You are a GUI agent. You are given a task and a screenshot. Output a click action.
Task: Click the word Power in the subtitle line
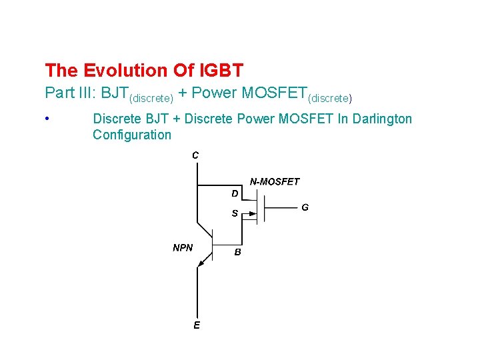tap(215, 93)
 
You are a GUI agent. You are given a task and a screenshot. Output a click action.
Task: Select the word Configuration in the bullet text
tap(132, 135)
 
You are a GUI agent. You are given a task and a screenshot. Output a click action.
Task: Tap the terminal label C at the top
tap(195, 155)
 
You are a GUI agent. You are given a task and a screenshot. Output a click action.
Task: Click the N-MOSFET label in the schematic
tap(275, 181)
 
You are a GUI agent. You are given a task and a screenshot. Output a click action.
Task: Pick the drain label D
tap(235, 193)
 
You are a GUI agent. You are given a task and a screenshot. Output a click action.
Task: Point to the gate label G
tap(305, 207)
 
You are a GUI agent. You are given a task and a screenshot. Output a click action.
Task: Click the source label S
tap(235, 214)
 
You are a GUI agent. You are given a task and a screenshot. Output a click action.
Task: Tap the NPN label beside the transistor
tap(183, 247)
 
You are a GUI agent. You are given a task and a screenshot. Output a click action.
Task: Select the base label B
tap(237, 253)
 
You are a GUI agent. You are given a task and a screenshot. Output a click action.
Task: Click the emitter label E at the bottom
tap(197, 325)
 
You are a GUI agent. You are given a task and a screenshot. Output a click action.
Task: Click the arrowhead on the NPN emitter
tap(201, 265)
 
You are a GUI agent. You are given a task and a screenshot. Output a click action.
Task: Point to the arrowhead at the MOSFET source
tap(251, 214)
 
